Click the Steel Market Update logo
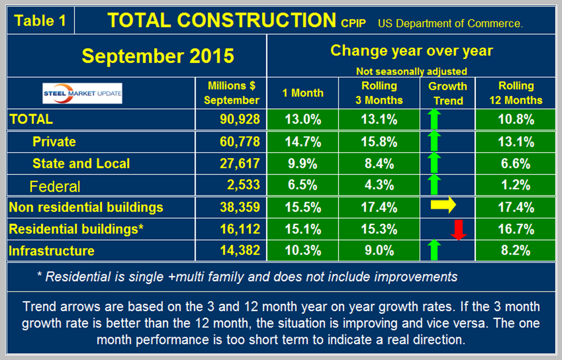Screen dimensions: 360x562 tap(82, 93)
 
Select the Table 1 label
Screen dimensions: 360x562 tap(40, 21)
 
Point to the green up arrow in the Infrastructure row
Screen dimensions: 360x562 tap(435, 250)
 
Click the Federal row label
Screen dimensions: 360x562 tap(56, 186)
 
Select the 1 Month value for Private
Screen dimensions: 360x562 tap(304, 142)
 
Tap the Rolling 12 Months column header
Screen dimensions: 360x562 tap(516, 93)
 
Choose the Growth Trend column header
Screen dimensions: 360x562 tap(448, 93)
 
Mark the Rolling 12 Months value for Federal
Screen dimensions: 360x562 tap(516, 186)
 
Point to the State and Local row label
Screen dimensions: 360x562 tap(81, 163)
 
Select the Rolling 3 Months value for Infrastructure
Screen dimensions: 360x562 tap(379, 251)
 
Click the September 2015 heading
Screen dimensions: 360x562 tap(158, 56)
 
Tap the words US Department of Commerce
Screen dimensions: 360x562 tap(450, 23)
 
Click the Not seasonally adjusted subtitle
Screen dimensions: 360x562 tap(411, 71)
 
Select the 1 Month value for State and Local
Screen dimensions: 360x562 tap(304, 163)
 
